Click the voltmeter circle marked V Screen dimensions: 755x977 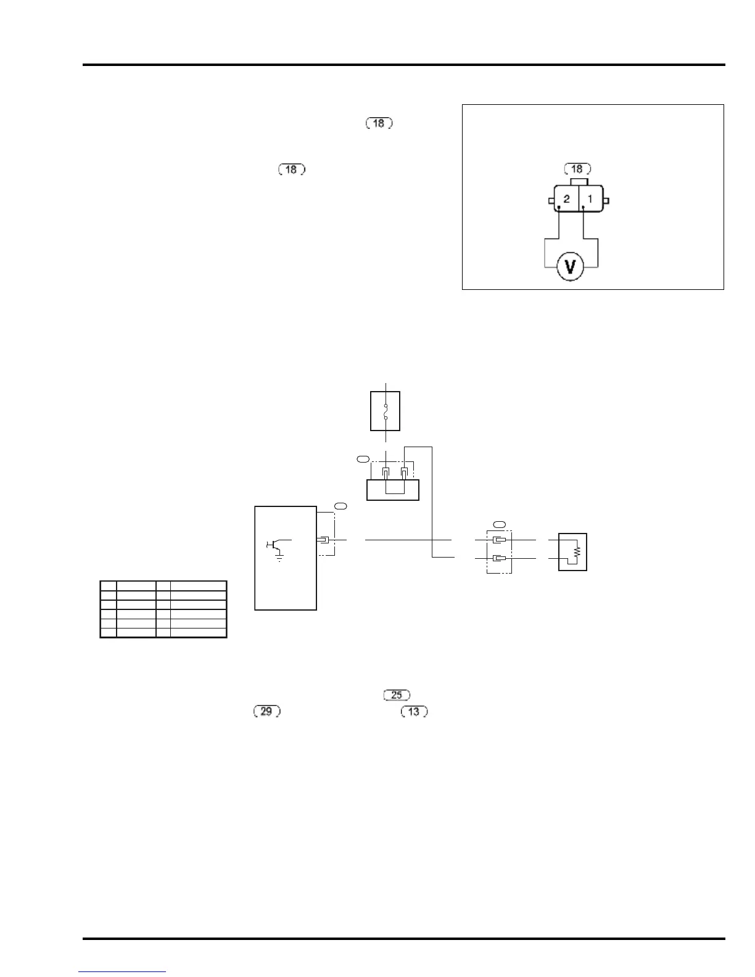pos(571,267)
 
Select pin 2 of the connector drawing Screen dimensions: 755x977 pos(566,199)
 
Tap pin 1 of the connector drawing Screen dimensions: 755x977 pos(590,199)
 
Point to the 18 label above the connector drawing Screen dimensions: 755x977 pos(577,169)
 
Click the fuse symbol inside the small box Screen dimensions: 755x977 pos(386,411)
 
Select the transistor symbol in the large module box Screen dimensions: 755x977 pos(273,543)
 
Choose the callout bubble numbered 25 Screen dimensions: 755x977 pos(397,695)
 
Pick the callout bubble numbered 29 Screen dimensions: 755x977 pos(266,711)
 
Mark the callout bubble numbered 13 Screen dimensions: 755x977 pos(414,711)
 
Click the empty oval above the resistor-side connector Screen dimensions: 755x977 pos(500,524)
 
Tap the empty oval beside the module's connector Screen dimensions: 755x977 pos(340,506)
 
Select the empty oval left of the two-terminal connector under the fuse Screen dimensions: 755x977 pos(363,459)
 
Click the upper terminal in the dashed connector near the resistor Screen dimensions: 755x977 pos(500,540)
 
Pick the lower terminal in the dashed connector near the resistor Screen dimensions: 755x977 pos(500,559)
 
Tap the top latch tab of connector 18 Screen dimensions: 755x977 pos(579,182)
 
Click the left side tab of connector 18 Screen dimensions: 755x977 pos(551,201)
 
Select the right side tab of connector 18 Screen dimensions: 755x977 pos(606,200)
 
